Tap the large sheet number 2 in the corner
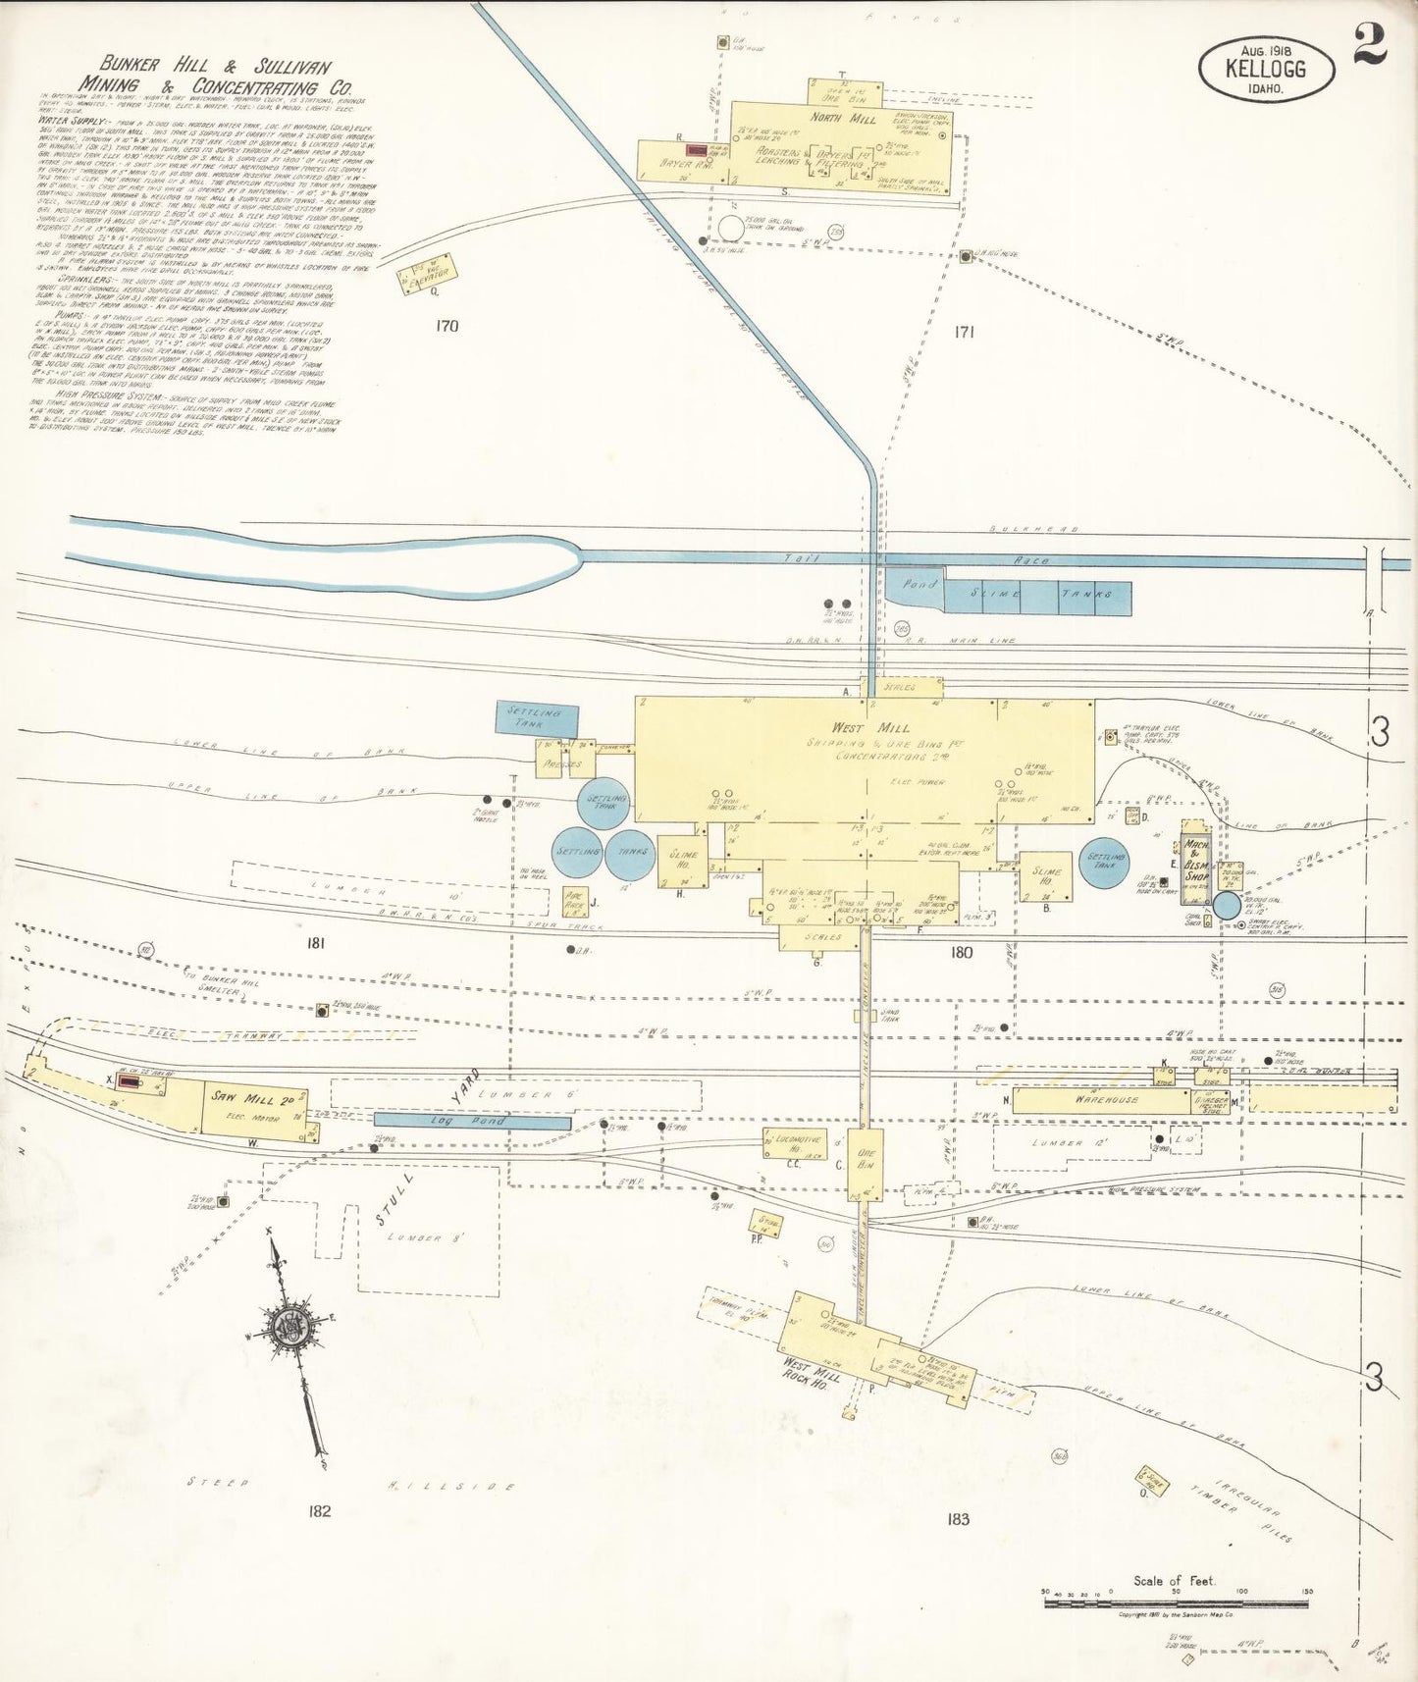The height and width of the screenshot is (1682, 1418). tap(1371, 44)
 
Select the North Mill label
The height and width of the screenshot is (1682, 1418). tap(843, 120)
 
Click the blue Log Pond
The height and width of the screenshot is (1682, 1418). tap(472, 1121)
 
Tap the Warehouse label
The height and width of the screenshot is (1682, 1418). tap(1106, 1100)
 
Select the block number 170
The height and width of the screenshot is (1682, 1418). tap(446, 326)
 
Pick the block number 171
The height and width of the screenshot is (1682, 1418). tap(964, 333)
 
